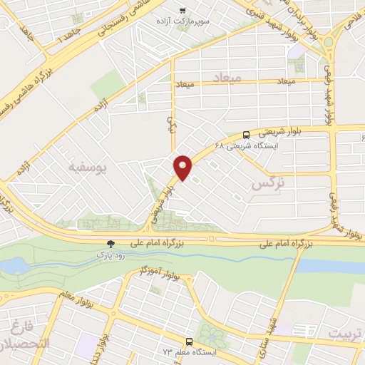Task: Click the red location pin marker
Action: (183, 168)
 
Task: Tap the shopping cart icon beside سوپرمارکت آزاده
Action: (183, 10)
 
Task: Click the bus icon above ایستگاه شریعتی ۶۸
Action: (246, 134)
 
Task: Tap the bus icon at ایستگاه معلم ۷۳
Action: (190, 341)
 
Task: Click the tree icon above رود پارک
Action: (110, 242)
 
